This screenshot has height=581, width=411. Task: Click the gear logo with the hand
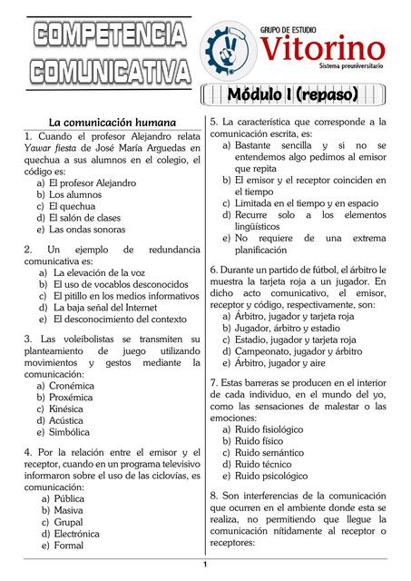[x=229, y=47]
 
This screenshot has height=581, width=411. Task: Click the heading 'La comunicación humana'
[x=113, y=122]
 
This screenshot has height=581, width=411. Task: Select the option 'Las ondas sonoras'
[x=87, y=230]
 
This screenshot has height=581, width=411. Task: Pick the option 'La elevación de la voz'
[x=100, y=272]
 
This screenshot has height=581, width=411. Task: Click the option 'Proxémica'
[x=71, y=398]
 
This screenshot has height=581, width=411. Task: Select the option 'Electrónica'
[x=77, y=535]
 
